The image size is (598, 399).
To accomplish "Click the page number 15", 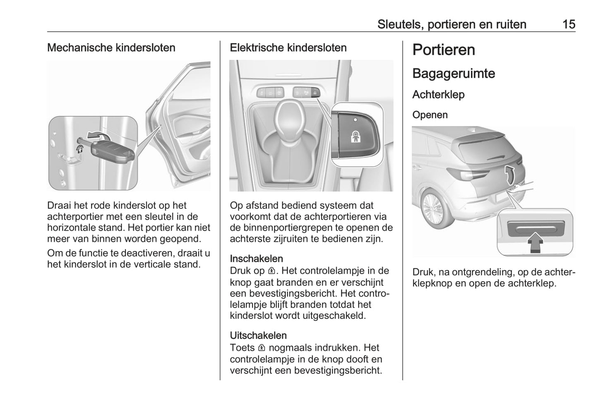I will coord(569,24).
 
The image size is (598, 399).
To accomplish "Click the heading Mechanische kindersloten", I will coord(111,48).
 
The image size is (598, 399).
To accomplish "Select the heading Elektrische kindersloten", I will coord(288,48).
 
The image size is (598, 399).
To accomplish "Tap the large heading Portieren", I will coord(444,50).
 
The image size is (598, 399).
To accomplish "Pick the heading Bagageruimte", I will coord(454,74).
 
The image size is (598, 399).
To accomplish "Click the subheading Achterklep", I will coord(438,95).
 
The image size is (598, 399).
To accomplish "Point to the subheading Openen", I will coord(430,115).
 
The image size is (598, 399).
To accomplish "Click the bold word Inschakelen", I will coord(256,259).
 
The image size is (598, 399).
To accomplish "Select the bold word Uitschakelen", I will coord(258,335).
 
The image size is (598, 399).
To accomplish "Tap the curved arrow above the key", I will coord(99,134).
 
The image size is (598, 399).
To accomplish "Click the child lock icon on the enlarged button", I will coord(355,137).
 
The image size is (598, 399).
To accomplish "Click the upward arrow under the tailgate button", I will coord(535,242).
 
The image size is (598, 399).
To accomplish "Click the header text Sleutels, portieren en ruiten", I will coord(452,24).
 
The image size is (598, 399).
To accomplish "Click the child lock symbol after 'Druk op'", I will coord(271,271).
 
